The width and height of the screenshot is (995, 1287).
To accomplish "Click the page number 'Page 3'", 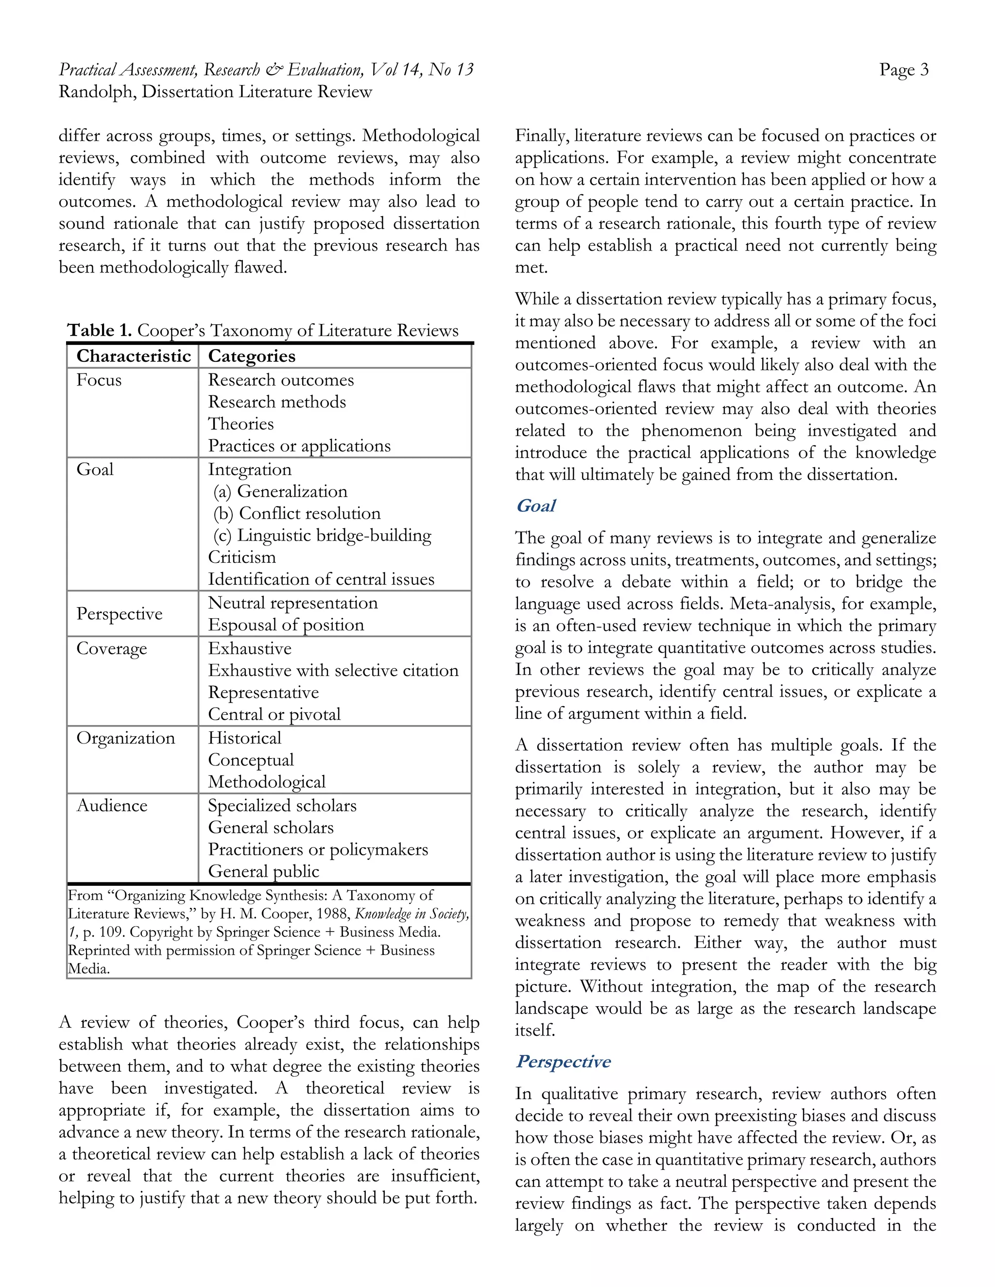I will pos(903,70).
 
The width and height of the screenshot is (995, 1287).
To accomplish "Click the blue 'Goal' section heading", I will pos(535,506).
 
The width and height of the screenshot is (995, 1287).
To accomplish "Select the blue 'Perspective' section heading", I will pos(563,1061).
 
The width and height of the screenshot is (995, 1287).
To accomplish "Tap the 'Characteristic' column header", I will pos(133,356).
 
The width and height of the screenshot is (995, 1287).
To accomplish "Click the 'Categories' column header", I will pos(252,356).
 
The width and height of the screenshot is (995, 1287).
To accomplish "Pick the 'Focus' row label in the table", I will pos(99,380).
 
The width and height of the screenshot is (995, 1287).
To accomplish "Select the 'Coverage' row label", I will pos(111,649).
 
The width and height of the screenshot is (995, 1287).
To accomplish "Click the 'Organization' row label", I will pos(125,738).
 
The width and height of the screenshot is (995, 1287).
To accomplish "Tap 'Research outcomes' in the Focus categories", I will pos(281,380).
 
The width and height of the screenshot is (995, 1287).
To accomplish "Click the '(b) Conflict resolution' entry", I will pos(296,513).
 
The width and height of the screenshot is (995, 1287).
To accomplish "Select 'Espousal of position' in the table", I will pos(286,625).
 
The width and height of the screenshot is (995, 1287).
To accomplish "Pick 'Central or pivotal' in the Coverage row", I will pos(274,714).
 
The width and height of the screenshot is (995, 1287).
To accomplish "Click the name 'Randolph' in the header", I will pos(96,92).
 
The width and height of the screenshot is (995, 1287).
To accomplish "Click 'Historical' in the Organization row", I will pos(245,738).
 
